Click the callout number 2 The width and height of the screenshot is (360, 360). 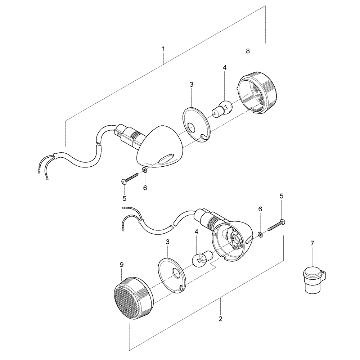pos(220,319)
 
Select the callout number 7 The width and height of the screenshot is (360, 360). pos(312,244)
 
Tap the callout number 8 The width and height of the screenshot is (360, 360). pos(248,51)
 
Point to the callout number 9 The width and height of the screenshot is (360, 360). pos(121,265)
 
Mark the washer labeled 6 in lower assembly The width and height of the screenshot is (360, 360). pos(260,235)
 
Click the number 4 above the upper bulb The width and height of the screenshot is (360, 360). pos(224,67)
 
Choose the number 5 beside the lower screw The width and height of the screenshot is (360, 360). pos(282,196)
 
